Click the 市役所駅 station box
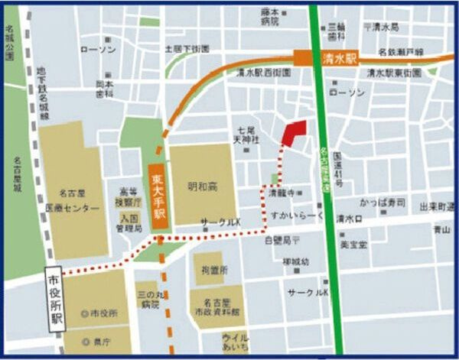point(54,297)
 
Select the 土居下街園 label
point(187,48)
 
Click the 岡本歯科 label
point(104,89)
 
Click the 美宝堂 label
point(353,244)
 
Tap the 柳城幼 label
point(295,261)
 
